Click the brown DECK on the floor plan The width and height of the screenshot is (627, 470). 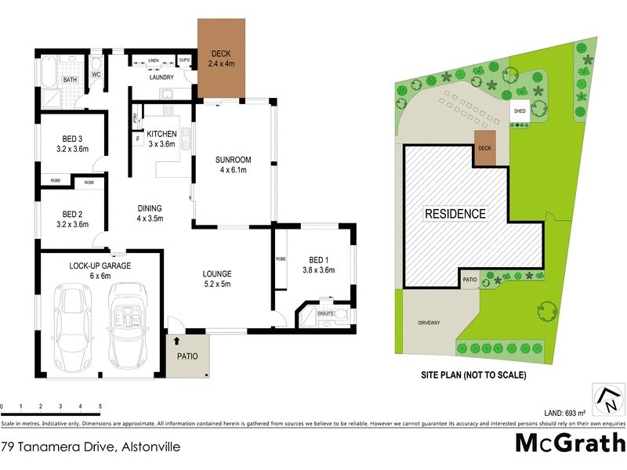(x=222, y=59)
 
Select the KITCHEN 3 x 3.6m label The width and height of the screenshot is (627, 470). (x=161, y=139)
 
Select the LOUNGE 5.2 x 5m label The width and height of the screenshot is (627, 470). (x=217, y=279)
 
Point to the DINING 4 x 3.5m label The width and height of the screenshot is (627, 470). (x=150, y=213)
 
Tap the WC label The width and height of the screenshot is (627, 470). (x=96, y=75)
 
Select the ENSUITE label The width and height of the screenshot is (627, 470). (x=326, y=313)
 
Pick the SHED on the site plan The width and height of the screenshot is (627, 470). (x=520, y=111)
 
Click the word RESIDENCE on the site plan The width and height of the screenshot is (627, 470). (x=455, y=213)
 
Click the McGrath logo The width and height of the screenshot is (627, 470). (x=569, y=442)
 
